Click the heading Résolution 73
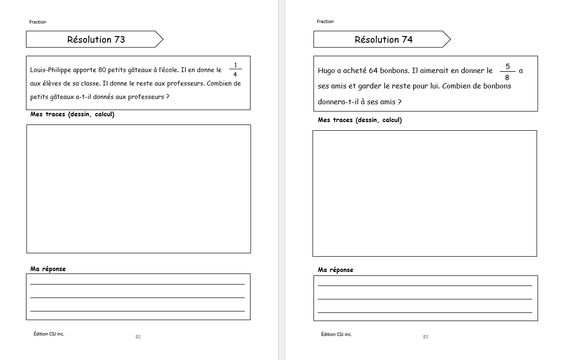click(x=96, y=39)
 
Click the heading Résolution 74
click(x=383, y=39)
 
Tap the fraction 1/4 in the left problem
click(x=235, y=70)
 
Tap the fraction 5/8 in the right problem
click(x=507, y=72)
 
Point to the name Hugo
click(x=326, y=71)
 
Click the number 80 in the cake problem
click(x=101, y=70)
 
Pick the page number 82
click(x=138, y=336)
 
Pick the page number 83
click(x=426, y=336)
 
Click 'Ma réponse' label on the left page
click(x=48, y=269)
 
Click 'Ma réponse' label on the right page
click(x=336, y=270)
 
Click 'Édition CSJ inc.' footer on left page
click(x=49, y=334)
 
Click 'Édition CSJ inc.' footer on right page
click(x=336, y=334)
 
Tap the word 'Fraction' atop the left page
click(x=38, y=22)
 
